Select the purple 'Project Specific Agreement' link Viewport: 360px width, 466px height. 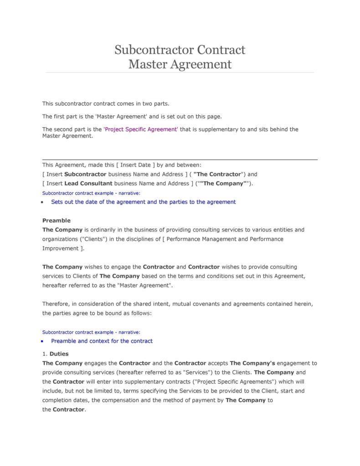tap(141, 129)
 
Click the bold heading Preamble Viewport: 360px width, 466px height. tap(57, 220)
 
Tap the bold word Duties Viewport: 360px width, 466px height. tap(59, 353)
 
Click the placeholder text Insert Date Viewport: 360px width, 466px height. tap(136, 165)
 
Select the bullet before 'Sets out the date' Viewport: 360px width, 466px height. tap(42, 202)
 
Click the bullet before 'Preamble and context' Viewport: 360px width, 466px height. tap(42, 341)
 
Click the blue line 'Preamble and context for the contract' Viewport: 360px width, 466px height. tap(102, 341)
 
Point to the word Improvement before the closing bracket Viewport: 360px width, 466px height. tap(60, 249)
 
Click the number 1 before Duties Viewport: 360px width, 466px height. tap(44, 353)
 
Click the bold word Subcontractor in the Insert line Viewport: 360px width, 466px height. tap(85, 174)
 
